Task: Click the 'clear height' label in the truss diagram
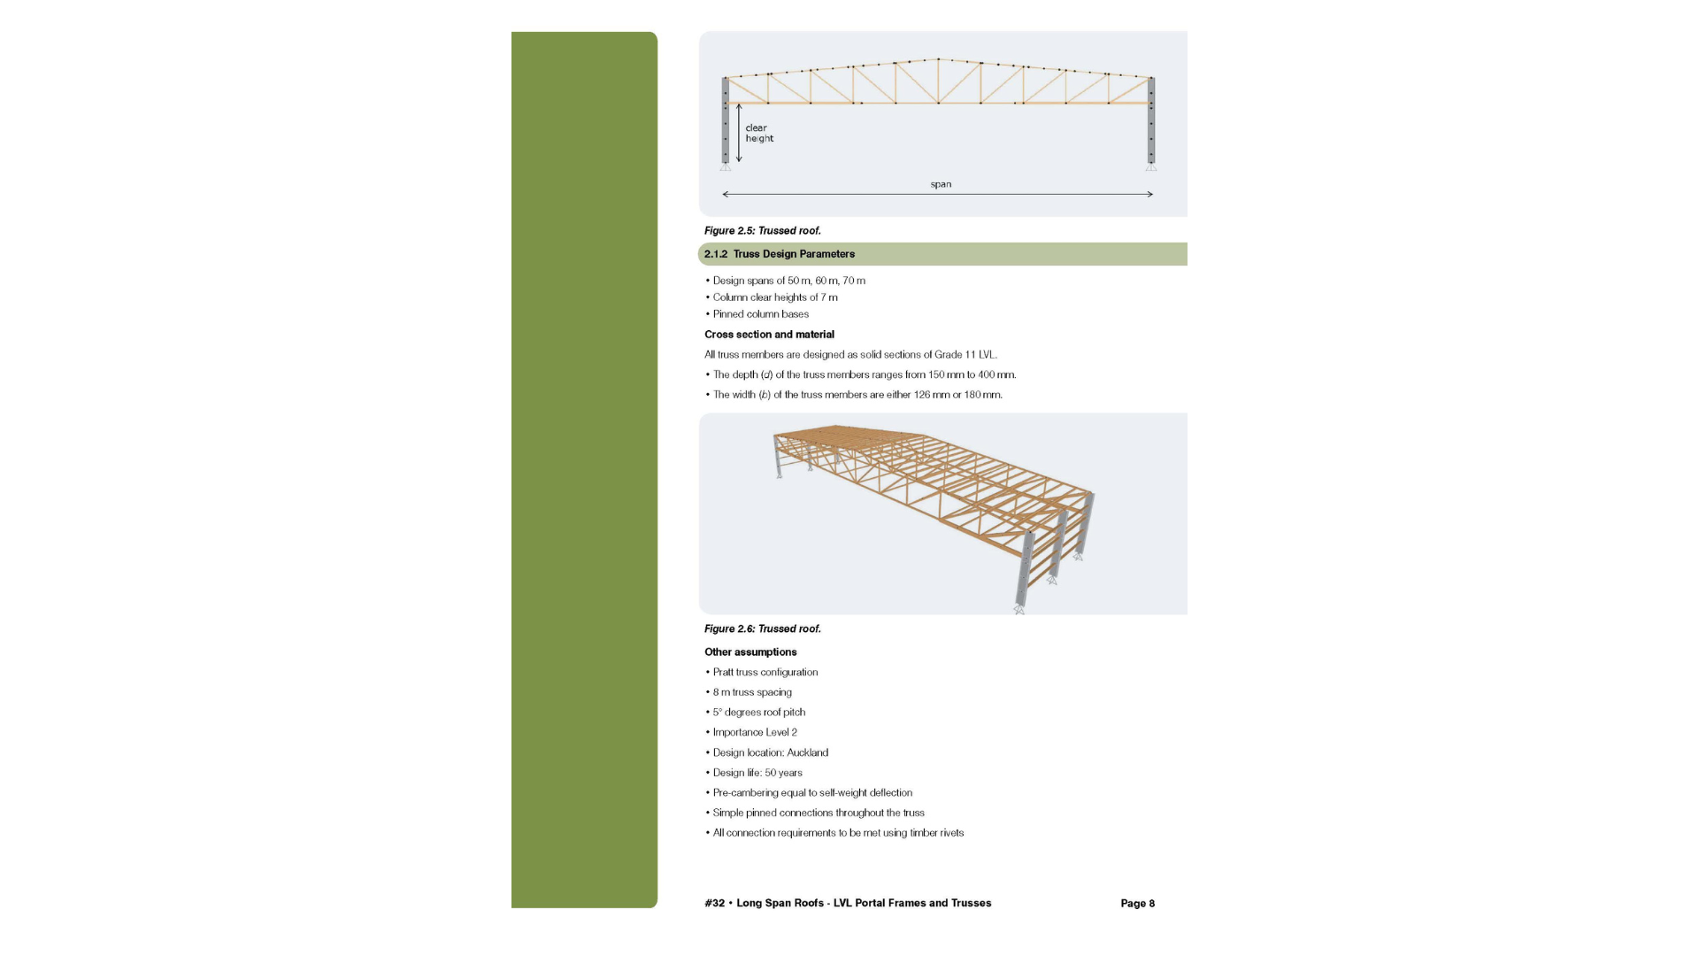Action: pos(759,133)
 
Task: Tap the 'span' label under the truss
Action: pos(941,184)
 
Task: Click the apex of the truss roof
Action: pos(938,59)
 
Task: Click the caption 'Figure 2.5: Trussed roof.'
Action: pos(763,231)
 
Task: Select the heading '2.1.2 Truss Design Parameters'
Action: pos(780,254)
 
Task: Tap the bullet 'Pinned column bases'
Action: pos(760,314)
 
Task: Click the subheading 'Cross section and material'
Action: pos(769,335)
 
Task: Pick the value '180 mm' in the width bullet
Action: pos(982,395)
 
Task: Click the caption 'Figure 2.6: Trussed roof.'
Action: pos(763,629)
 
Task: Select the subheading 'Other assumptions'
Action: pos(750,652)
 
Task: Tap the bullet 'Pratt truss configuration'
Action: pos(765,673)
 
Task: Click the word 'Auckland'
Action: pos(807,753)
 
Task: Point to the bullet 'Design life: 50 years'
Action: pos(757,773)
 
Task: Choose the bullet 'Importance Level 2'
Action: pos(755,733)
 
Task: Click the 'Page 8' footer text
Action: pos(1137,904)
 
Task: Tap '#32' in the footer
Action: pos(714,904)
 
